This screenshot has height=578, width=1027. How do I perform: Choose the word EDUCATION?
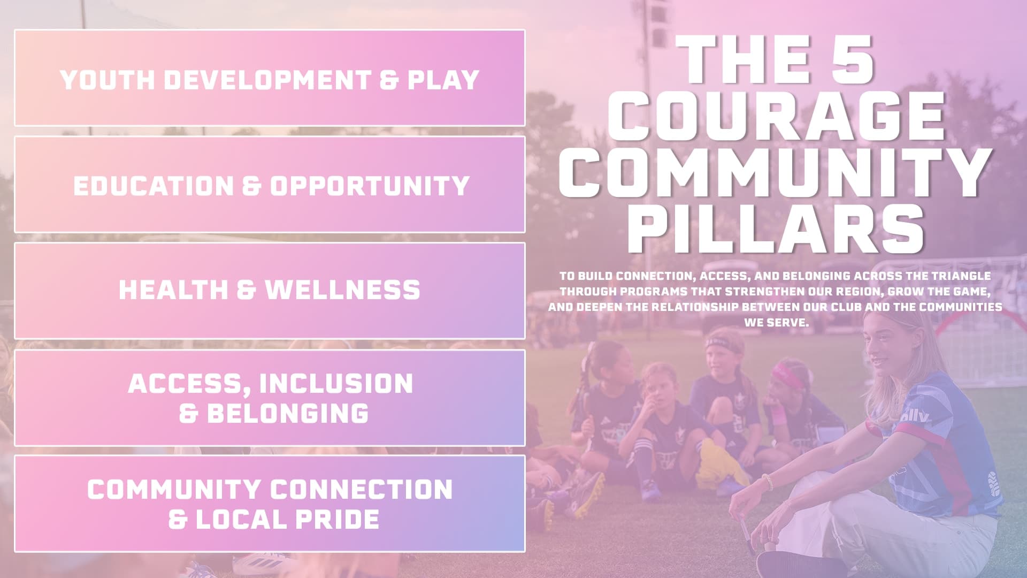coord(154,186)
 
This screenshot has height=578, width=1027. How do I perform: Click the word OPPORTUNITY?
coord(370,186)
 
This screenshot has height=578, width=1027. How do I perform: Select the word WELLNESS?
coord(342,290)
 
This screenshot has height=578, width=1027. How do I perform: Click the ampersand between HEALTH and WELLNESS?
coord(246,290)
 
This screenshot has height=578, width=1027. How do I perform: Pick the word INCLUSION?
coord(336,384)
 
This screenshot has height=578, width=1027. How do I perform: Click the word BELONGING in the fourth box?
coord(288,413)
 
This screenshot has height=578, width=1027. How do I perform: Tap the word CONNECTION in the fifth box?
coord(362,490)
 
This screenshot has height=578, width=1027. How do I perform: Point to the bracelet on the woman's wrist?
coord(768,481)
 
